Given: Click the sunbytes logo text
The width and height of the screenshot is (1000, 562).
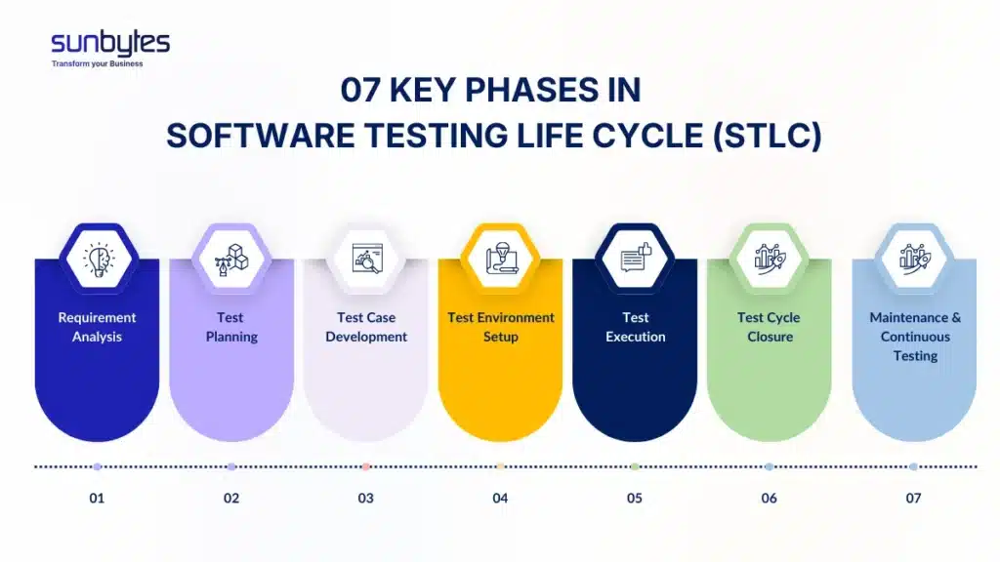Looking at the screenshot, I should coord(109,42).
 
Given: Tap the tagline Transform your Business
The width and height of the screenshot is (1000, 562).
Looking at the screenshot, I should coord(97,64).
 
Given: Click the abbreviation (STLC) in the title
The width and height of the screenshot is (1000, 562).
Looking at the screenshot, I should coord(765,136).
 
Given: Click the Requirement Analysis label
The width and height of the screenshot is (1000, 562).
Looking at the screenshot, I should coord(97,327).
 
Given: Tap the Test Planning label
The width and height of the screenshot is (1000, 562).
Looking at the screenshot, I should coord(231,327).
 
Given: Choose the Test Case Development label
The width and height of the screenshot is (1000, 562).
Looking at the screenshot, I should coord(366,327).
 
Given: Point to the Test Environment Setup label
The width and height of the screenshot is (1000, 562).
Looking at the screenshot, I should coord(501,327).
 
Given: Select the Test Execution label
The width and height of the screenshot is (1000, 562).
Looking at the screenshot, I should coord(636,327).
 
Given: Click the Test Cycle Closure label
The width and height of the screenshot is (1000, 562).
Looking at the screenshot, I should coord(769,327).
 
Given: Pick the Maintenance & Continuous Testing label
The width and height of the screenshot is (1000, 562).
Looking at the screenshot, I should coord(915,337).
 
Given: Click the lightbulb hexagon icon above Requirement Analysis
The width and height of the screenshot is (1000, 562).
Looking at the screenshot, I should coord(98,259).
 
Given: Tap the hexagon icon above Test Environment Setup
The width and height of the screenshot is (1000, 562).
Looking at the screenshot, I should coord(501,259).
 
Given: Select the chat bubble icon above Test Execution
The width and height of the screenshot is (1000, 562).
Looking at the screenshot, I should coord(636,259).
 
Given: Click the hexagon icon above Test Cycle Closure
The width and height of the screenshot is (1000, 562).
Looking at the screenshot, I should coord(769,259).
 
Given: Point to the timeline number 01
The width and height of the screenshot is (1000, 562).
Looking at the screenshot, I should coord(97,498).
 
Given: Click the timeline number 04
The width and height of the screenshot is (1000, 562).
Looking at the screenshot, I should coord(500,498).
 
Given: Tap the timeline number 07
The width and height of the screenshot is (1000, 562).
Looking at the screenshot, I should coord(913,498).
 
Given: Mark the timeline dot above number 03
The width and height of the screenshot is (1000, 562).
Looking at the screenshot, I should coord(366,466).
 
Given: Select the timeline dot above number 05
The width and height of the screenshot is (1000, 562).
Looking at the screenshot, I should coord(635,466).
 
